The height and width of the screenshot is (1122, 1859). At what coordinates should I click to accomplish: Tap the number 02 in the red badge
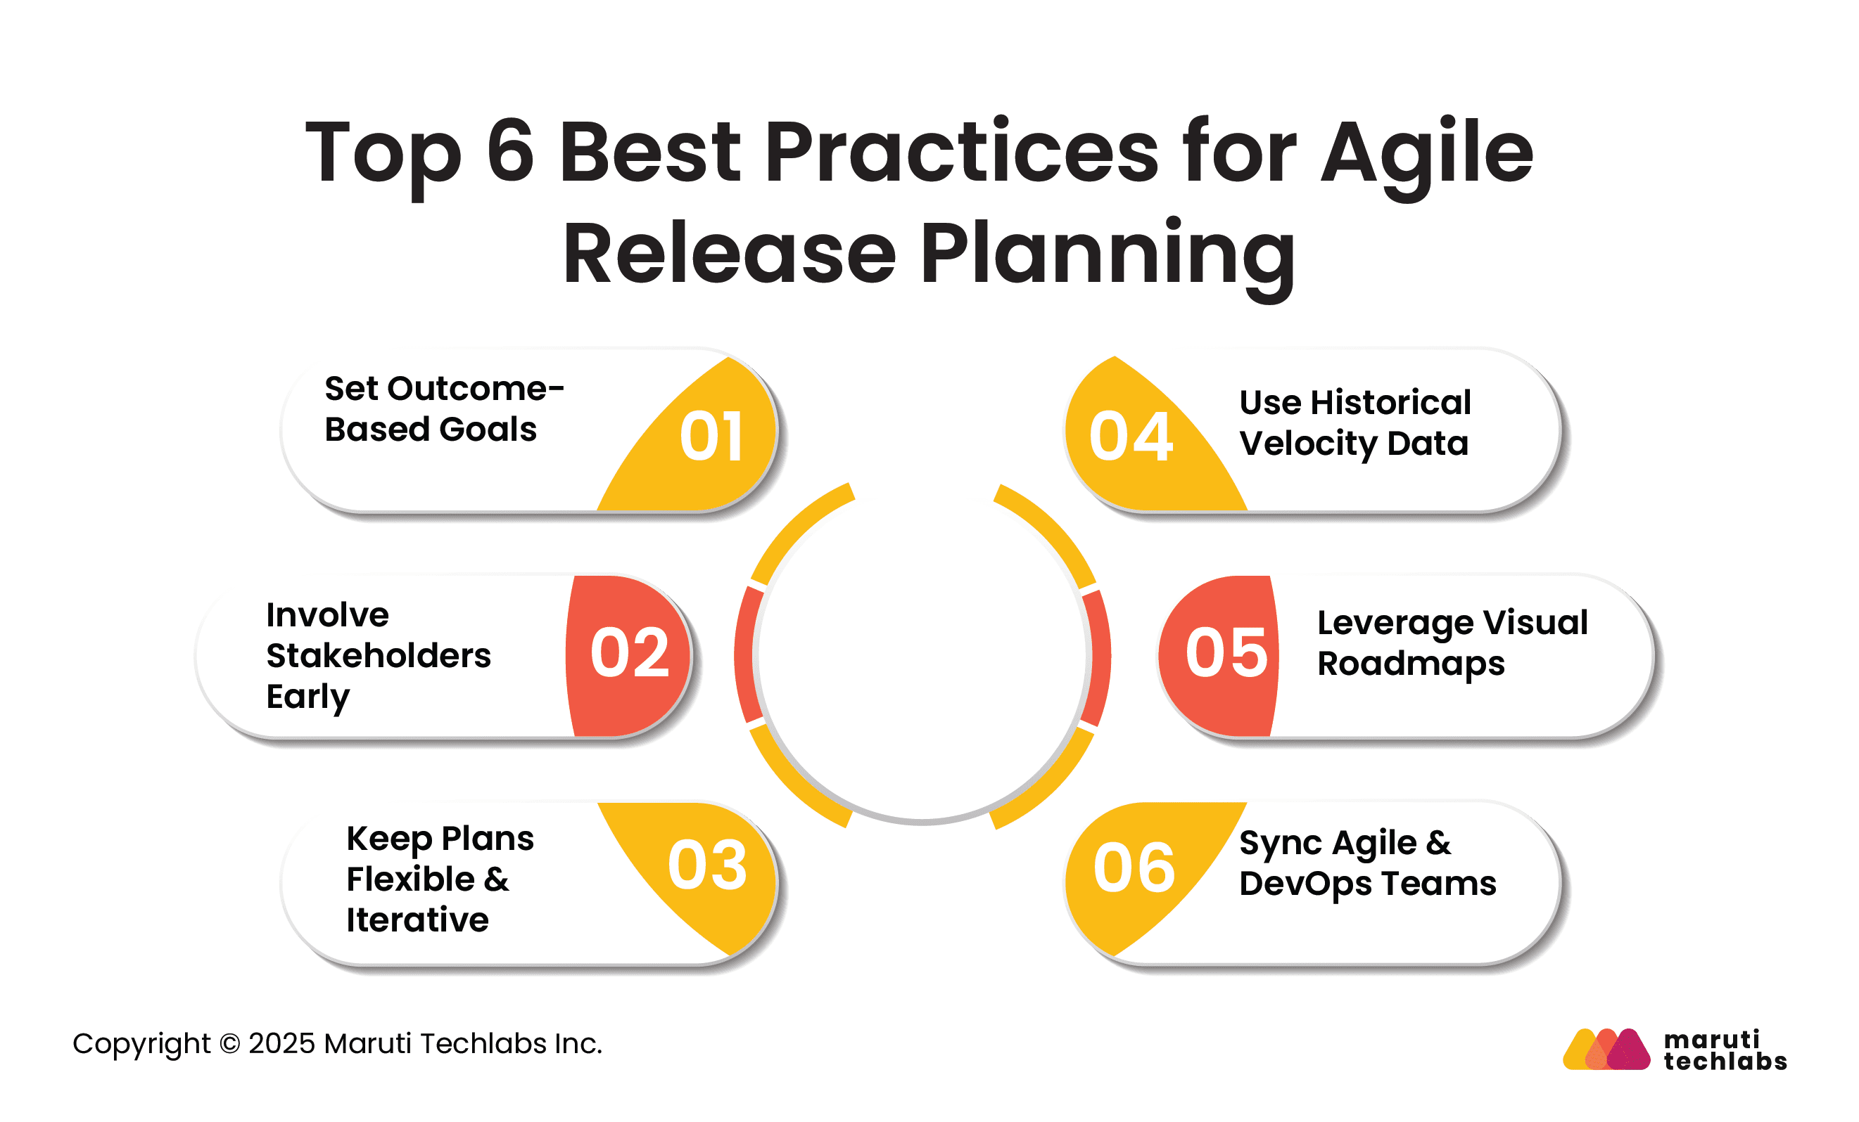630,653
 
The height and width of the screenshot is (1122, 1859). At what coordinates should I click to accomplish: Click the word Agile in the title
1428,155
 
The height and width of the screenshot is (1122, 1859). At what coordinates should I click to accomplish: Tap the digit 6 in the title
511,151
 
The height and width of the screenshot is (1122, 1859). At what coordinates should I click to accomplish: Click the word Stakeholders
379,655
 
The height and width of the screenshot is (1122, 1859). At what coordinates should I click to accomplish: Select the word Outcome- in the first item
476,389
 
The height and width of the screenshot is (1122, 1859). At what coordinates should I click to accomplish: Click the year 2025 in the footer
281,1043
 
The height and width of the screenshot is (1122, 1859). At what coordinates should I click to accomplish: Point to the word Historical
1391,402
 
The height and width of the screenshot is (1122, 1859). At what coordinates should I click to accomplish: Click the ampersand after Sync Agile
1439,842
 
